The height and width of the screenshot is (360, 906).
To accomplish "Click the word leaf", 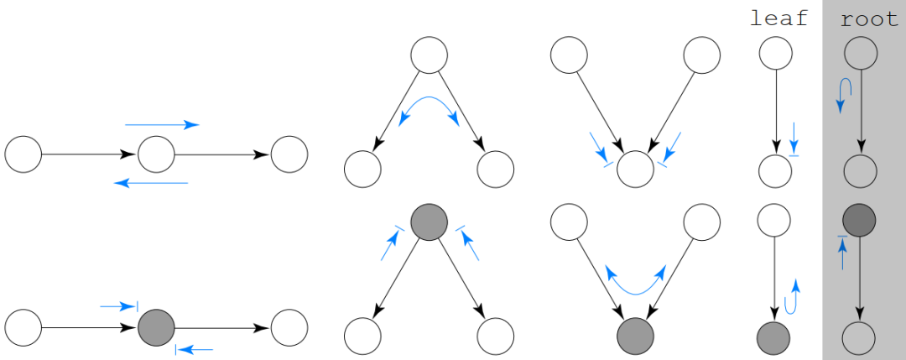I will [x=778, y=18].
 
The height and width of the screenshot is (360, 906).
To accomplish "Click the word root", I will [x=869, y=18].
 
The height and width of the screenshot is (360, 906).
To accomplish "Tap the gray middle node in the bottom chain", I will [x=156, y=327].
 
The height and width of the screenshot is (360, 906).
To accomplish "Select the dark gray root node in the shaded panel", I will [x=859, y=220].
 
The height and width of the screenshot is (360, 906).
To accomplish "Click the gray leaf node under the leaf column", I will [x=773, y=338].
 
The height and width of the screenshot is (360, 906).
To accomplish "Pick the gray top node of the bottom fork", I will [x=429, y=222].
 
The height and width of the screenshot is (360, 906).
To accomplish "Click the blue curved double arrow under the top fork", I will [x=429, y=110].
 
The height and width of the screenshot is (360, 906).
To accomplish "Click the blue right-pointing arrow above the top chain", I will [x=162, y=125].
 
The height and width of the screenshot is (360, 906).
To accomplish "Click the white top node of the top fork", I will [x=429, y=55].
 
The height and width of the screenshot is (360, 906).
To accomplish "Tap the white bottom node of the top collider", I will [x=635, y=170].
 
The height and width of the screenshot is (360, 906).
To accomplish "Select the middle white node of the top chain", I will [x=156, y=154].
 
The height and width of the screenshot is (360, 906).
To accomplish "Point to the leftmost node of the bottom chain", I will [x=23, y=327].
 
